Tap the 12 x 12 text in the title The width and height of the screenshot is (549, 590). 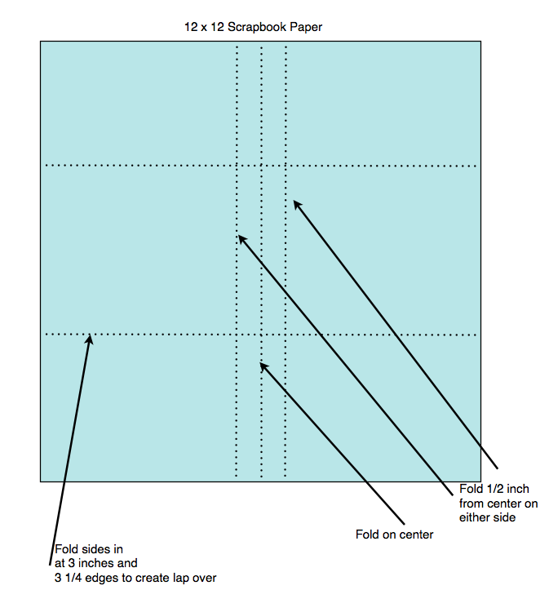pyautogui.click(x=204, y=28)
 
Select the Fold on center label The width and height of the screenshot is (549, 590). pyautogui.click(x=394, y=535)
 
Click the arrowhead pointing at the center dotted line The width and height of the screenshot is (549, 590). pyautogui.click(x=263, y=366)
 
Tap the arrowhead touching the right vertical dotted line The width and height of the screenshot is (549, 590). pyautogui.click(x=297, y=204)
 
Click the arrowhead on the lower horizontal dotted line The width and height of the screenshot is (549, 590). pyautogui.click(x=90, y=338)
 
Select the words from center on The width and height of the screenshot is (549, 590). pyautogui.click(x=498, y=503)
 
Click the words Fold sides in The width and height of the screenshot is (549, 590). pyautogui.click(x=89, y=549)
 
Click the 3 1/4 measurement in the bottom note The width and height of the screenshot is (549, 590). pyautogui.click(x=70, y=578)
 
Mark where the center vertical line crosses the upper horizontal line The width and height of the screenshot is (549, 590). pyautogui.click(x=261, y=166)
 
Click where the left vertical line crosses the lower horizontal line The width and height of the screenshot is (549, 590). pyautogui.click(x=237, y=334)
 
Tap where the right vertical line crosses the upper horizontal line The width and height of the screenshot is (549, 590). pyautogui.click(x=286, y=166)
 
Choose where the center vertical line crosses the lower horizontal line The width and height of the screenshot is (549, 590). pyautogui.click(x=261, y=334)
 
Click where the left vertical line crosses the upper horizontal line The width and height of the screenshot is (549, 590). pyautogui.click(x=237, y=166)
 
